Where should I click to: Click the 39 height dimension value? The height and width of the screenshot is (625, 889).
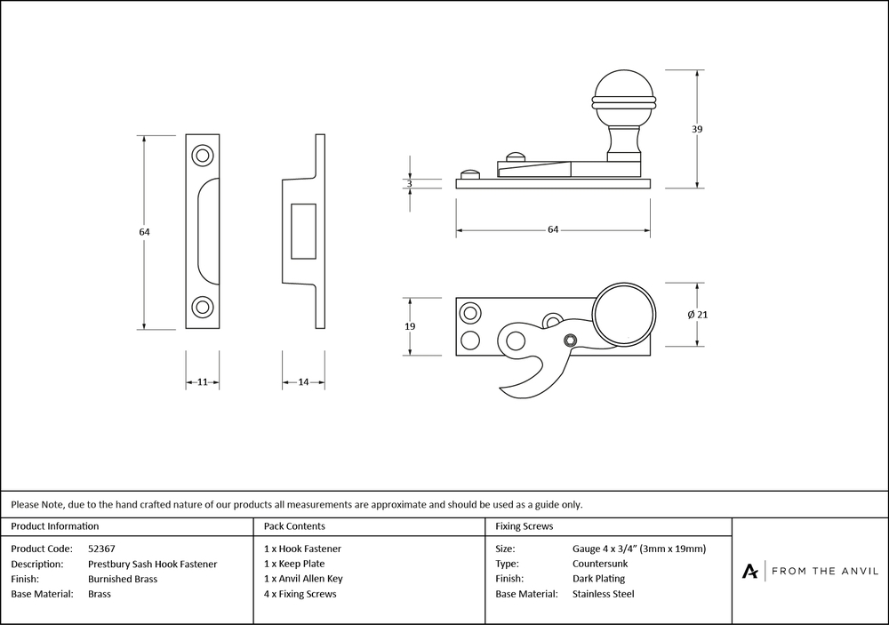tap(697, 129)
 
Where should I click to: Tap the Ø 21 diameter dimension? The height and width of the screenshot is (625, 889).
tap(698, 315)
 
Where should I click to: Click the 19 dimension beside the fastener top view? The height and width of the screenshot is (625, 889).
tap(410, 326)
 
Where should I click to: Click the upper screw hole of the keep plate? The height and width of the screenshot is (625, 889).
tap(203, 156)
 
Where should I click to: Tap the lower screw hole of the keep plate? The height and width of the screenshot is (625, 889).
tap(203, 308)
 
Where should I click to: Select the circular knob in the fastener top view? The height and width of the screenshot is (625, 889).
tap(623, 314)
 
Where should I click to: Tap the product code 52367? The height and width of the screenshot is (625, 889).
tap(102, 549)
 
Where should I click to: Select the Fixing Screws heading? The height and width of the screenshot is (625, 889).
tap(525, 526)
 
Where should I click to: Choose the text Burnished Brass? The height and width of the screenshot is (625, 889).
tap(123, 579)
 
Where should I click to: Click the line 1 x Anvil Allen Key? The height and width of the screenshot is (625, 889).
tap(303, 579)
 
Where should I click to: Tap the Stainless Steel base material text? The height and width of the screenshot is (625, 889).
tap(604, 594)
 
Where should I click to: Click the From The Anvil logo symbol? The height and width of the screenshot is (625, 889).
tap(750, 571)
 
